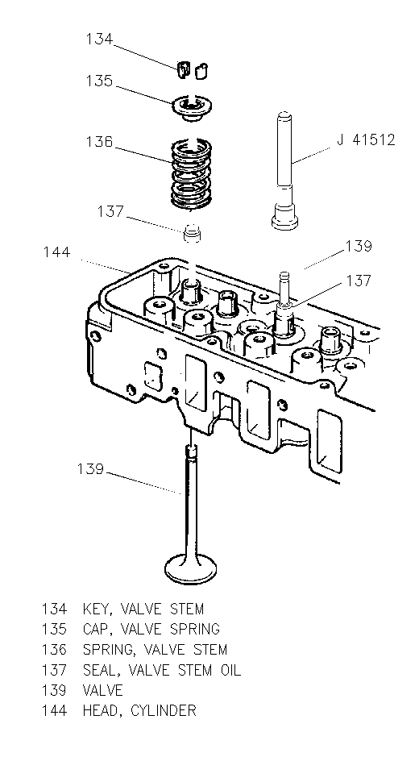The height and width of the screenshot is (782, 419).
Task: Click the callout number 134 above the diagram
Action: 99,39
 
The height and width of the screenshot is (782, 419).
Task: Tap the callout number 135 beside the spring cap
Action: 99,81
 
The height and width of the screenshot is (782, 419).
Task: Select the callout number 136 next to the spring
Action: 99,142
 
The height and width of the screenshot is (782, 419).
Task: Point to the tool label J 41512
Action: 366,139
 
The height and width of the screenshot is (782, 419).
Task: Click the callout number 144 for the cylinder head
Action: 56,252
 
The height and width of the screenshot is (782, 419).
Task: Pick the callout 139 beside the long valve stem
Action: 90,469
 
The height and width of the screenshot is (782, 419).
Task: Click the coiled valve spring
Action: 191,173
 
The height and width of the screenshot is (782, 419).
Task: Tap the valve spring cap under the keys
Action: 191,107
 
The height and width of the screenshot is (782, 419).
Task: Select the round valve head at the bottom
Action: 190,568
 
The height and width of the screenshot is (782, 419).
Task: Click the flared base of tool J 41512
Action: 284,219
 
